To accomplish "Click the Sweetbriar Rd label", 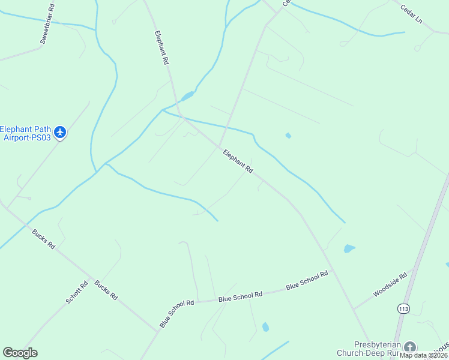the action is point(48,24).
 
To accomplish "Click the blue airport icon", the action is point(59,132).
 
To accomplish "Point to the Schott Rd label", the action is point(77,292).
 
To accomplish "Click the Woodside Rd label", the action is point(390,285).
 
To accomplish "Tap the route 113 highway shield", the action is point(403,308).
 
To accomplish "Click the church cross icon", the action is point(409,347).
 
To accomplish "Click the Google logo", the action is point(20,353).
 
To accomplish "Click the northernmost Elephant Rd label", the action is point(161,47).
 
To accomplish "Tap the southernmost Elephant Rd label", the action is point(238,161).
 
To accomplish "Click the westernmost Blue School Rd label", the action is point(176,314).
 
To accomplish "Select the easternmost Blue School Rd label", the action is point(307,280).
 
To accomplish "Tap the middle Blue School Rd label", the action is point(240,296).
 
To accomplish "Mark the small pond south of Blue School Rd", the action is point(265,327).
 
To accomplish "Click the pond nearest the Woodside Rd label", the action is point(349,248).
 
